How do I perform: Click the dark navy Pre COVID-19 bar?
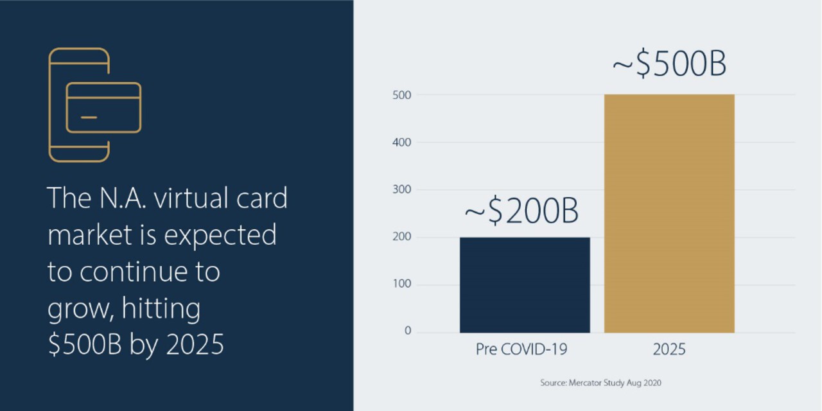click(525, 285)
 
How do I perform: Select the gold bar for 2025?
click(669, 214)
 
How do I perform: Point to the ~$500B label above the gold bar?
click(669, 64)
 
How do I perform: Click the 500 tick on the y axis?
click(402, 95)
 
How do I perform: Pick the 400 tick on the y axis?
click(402, 143)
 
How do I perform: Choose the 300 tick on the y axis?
click(402, 189)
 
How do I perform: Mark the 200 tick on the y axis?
click(402, 237)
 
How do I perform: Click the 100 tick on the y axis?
click(402, 284)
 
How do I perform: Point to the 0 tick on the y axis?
click(408, 331)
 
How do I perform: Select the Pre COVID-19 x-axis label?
click(521, 349)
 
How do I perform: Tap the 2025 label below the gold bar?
click(669, 349)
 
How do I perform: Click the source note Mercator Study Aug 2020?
click(600, 383)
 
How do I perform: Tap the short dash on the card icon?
click(89, 118)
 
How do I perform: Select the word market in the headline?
click(90, 235)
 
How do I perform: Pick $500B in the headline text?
click(85, 344)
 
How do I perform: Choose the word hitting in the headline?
click(161, 309)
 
